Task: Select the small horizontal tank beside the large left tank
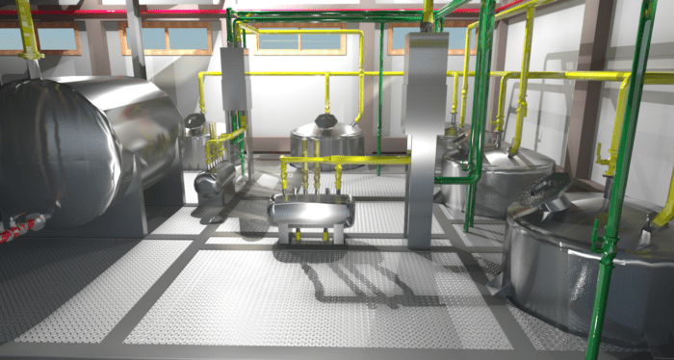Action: [215, 179]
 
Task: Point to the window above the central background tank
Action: [318, 42]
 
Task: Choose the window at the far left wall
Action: [48, 39]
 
